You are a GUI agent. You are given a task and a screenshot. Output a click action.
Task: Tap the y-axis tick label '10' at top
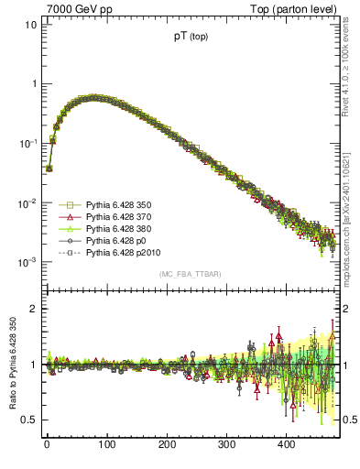(30, 24)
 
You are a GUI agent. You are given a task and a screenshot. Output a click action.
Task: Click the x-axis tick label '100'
(106, 444)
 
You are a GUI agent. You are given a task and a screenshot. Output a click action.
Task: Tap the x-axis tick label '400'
(286, 444)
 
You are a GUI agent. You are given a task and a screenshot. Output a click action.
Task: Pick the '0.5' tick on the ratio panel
(28, 420)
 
